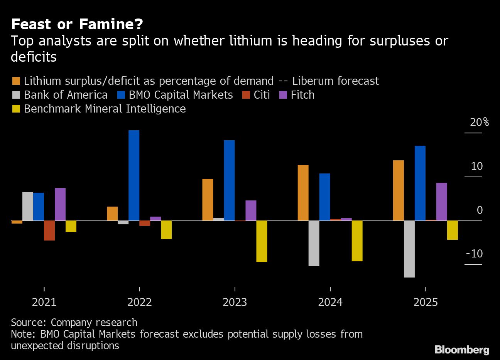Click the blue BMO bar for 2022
[134, 175]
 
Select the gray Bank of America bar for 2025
[409, 249]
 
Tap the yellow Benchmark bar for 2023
[262, 241]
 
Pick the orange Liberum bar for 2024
[303, 193]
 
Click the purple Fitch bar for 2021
[60, 204]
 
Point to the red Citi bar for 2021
[49, 230]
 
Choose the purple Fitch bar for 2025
[442, 202]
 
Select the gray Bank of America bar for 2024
[314, 243]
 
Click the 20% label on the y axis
[479, 123]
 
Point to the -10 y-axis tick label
[474, 254]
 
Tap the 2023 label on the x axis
[235, 302]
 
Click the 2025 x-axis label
[426, 302]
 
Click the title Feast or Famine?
[77, 24]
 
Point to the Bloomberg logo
[462, 350]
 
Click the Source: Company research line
[74, 322]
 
